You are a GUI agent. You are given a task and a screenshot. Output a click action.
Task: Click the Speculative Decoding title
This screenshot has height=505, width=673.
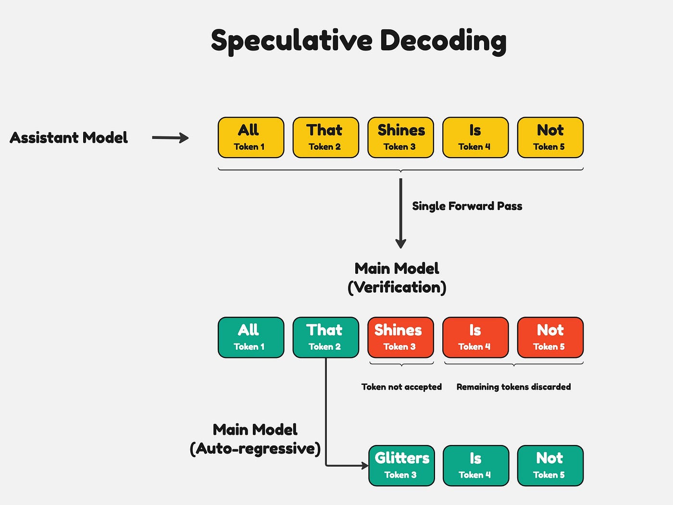tap(359, 40)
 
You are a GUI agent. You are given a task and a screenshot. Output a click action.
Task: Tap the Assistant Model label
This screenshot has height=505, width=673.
tap(69, 138)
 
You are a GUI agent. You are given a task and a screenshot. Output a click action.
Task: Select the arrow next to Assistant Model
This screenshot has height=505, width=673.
tap(170, 138)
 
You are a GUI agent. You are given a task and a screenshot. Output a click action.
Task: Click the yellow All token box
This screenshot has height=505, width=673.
tap(251, 137)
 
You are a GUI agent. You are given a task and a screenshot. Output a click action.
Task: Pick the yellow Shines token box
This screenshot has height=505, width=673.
tap(400, 137)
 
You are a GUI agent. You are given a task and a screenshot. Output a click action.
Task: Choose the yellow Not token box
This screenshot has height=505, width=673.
tap(550, 137)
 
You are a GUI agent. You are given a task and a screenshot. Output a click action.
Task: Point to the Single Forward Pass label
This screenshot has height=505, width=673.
tap(467, 206)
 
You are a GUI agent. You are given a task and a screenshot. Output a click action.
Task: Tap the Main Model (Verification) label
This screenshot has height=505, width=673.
tap(397, 278)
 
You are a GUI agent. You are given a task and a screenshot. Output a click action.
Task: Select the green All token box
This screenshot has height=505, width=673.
tap(251, 337)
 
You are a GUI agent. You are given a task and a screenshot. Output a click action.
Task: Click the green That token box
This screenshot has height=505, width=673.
tap(325, 337)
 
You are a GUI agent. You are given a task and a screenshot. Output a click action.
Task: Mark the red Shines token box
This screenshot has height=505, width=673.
tap(400, 337)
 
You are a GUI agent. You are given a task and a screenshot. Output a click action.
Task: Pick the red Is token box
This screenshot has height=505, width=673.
tap(475, 337)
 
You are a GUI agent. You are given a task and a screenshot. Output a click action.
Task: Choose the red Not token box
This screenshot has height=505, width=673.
tap(550, 337)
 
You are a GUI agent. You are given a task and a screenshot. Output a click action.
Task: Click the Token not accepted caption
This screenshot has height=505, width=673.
tap(401, 387)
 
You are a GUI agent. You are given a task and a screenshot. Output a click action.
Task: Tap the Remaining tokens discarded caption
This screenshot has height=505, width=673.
tap(513, 387)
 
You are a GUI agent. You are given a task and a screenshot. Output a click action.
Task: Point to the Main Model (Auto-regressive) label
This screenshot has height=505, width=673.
tap(255, 439)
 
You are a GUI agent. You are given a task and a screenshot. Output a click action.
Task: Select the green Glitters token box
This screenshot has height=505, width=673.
tap(401, 466)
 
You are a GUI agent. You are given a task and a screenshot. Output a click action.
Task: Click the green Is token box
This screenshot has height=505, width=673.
tap(475, 466)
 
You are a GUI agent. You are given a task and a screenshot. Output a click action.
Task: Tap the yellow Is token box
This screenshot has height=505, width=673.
tap(475, 137)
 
